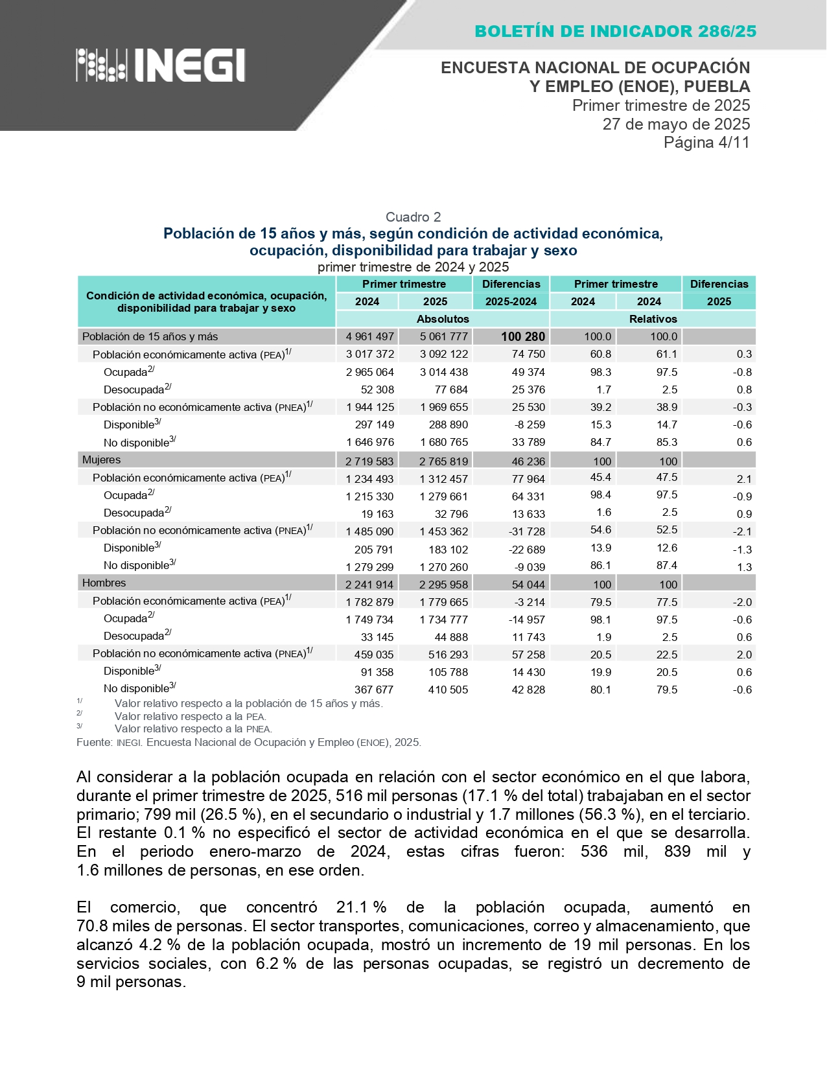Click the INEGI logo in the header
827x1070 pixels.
[x=161, y=65]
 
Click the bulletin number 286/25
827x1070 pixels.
[x=727, y=31]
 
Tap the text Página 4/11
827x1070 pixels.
[x=706, y=143]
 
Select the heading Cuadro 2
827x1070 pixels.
[x=413, y=217]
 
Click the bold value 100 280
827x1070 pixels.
[x=523, y=336]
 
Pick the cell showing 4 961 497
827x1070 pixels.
[x=369, y=336]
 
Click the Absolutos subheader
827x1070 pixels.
[x=443, y=319]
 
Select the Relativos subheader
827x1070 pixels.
[x=653, y=319]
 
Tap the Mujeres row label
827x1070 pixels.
[x=102, y=459]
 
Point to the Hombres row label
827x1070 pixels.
[x=104, y=583]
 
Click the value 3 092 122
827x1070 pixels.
[x=443, y=354]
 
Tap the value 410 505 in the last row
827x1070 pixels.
[x=448, y=690]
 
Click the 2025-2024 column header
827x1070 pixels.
[x=511, y=301]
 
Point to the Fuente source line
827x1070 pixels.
[x=249, y=742]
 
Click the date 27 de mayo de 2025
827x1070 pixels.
[x=676, y=124]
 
